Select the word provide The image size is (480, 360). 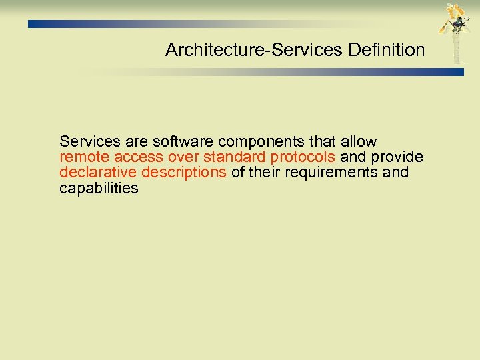tap(397, 157)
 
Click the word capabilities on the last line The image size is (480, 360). tap(99, 188)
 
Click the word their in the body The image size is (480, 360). tap(263, 173)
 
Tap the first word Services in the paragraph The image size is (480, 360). tap(88, 142)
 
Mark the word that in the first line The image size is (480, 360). tap(323, 142)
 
